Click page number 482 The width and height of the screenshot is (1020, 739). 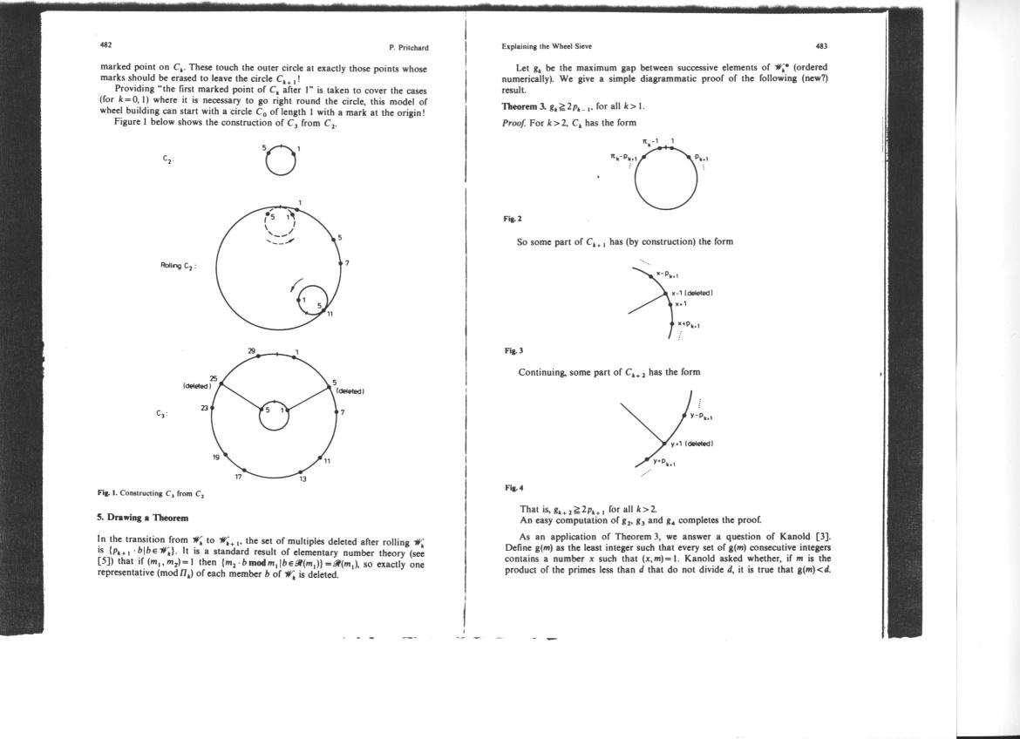[105, 44]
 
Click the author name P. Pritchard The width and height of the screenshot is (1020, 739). [408, 47]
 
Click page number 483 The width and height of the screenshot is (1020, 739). [821, 46]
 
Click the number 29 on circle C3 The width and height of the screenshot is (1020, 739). [252, 351]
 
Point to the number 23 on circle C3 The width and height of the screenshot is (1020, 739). [206, 407]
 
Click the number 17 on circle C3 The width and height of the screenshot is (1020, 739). [238, 477]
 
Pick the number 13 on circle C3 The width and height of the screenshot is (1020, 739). [303, 478]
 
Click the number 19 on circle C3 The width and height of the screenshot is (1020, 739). [215, 458]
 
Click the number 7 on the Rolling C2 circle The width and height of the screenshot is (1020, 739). [347, 262]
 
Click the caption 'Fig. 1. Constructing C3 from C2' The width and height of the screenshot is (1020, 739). [151, 494]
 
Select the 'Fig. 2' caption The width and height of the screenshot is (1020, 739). [513, 219]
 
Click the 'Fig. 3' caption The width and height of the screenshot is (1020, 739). [513, 350]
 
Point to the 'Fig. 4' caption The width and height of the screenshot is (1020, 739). [513, 487]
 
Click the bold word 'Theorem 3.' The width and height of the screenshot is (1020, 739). [525, 106]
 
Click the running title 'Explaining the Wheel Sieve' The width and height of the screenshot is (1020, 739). [547, 46]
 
